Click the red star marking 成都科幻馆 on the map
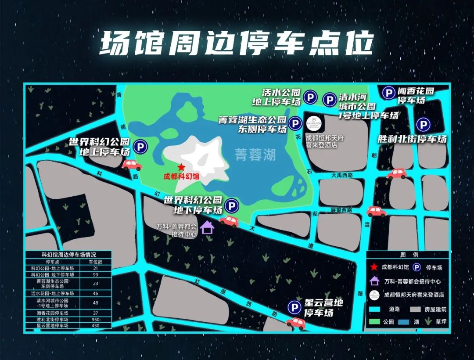[x=181, y=167]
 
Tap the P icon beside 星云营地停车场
[x=294, y=308]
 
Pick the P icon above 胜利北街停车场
[x=423, y=125]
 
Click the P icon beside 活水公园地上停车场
[x=311, y=97]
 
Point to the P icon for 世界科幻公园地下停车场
[x=231, y=205]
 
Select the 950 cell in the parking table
[x=96, y=320]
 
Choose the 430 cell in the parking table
[x=96, y=326]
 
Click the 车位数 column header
[x=96, y=262]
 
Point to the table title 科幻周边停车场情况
[x=68, y=255]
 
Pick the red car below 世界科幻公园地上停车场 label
[x=131, y=165]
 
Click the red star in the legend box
[x=374, y=267]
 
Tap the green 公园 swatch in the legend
[x=374, y=322]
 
